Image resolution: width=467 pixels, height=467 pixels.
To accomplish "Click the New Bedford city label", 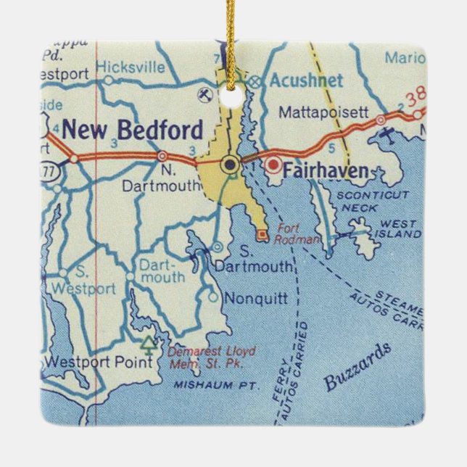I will [132, 131].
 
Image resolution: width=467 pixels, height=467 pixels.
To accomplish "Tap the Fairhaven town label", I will [324, 172].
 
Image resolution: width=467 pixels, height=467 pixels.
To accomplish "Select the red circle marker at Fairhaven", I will [273, 165].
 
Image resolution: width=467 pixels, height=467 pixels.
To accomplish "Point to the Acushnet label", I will [305, 80].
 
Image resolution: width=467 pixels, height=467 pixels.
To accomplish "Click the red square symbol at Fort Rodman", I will [261, 233].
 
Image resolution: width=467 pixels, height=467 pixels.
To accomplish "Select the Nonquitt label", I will [256, 297].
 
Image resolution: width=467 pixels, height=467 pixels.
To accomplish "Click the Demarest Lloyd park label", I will [212, 357].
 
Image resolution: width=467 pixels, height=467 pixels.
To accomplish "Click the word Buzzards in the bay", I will [358, 366].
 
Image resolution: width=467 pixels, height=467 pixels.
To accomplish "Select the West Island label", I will [399, 230].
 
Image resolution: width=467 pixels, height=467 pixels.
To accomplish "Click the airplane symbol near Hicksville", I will [205, 94].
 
